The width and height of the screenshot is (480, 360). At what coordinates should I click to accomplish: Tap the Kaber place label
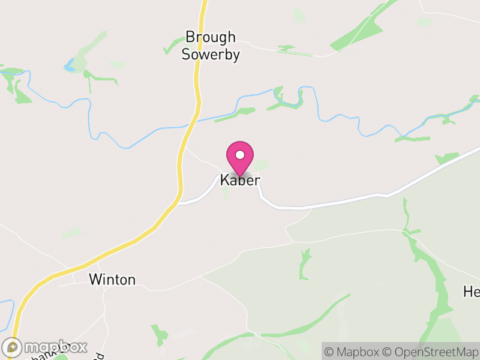pos(240,180)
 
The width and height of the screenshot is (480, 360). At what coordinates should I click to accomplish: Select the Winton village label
pos(112,280)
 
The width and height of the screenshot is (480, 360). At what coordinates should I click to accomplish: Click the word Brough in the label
pos(210,38)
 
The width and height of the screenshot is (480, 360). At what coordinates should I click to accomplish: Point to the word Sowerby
pos(211,55)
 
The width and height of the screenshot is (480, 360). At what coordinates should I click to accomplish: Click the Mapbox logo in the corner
pos(46,347)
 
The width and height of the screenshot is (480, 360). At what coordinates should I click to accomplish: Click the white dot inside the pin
pos(240,155)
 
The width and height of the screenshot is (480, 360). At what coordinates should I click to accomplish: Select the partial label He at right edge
pos(471,292)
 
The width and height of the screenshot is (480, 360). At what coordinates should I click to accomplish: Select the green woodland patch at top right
pos(360,33)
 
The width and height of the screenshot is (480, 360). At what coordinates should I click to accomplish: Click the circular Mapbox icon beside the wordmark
pos(12,347)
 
